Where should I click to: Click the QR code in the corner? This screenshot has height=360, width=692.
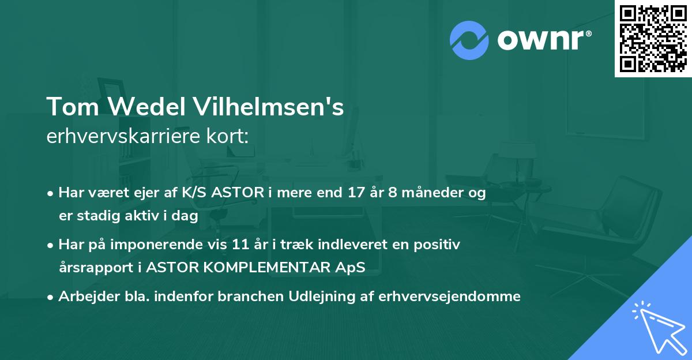tap(653, 39)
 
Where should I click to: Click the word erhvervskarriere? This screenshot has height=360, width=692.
tap(126, 137)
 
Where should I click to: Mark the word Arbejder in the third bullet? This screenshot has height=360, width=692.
tap(82, 297)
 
